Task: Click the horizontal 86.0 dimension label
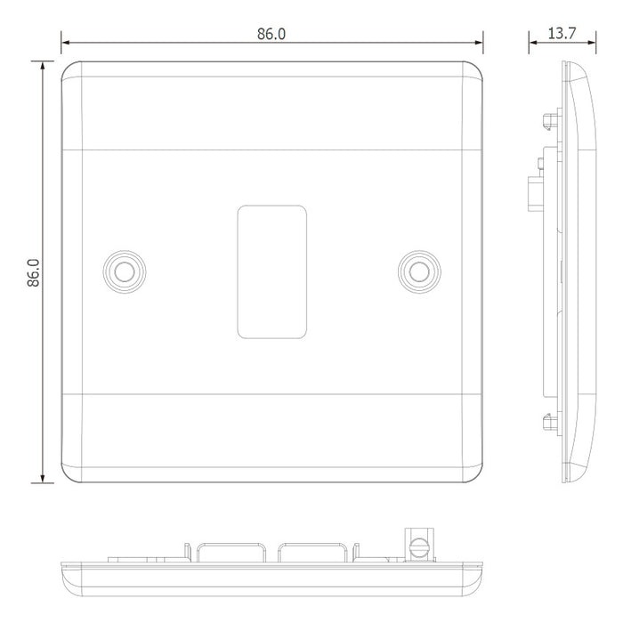271,34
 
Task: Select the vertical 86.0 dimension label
34,272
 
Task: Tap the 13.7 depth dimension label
562,34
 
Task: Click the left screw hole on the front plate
125,271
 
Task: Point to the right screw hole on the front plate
419,271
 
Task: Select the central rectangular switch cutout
272,271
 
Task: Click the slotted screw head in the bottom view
419,548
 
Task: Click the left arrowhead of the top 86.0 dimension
66,42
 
